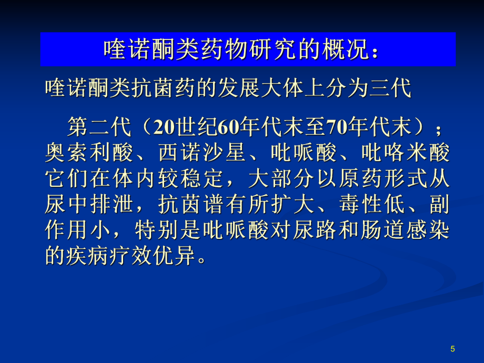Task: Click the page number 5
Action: [x=452, y=349]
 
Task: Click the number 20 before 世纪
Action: [x=165, y=127]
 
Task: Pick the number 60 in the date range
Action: [x=229, y=127]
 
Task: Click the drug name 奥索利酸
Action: [x=89, y=153]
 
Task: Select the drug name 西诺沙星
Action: [x=202, y=153]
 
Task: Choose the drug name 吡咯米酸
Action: [x=405, y=153]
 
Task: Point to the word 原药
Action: [x=360, y=178]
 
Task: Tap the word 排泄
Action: [x=112, y=204]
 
